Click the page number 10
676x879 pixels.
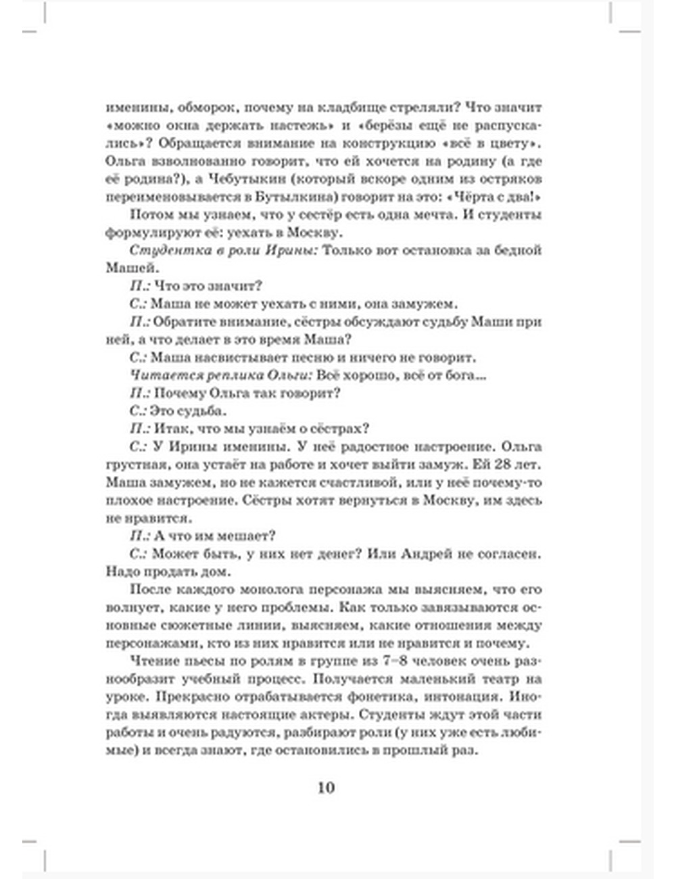coord(326,787)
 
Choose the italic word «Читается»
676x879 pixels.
coord(158,375)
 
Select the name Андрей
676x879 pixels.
coord(426,554)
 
